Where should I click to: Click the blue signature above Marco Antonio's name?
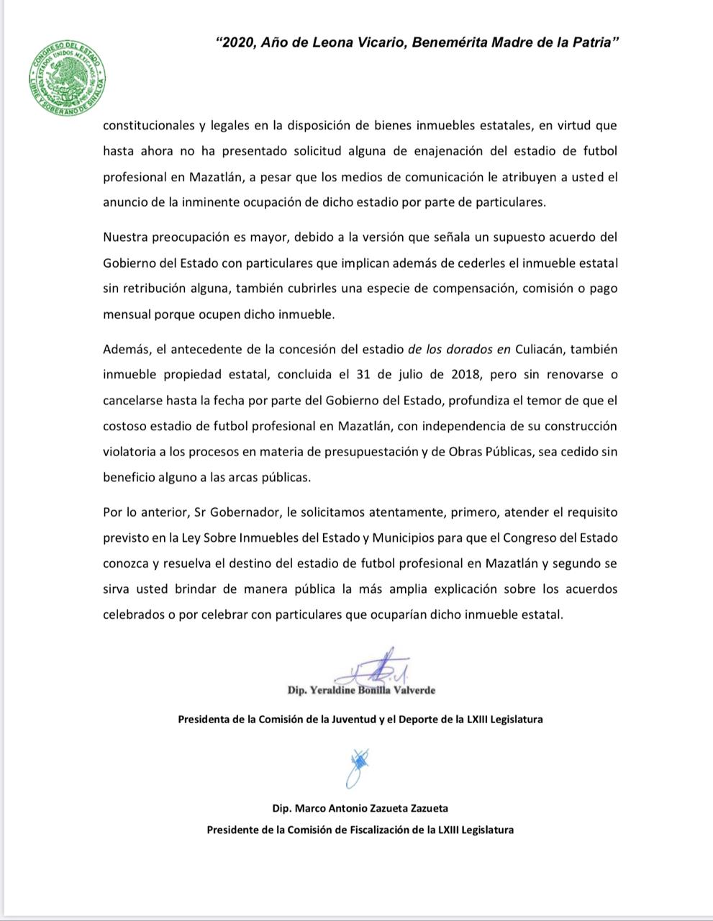click(x=358, y=766)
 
